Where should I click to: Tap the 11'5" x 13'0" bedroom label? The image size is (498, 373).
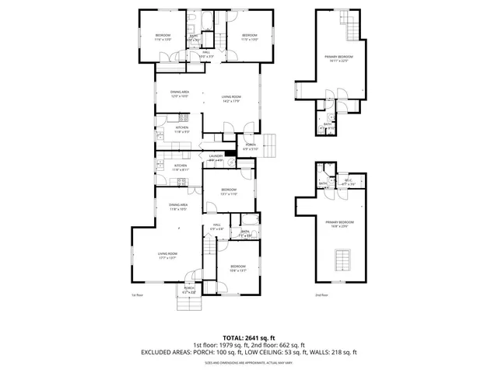pyautogui.click(x=249, y=37)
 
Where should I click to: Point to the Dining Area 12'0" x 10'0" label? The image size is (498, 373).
pyautogui.click(x=180, y=95)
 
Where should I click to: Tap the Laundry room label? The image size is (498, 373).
pyautogui.click(x=216, y=158)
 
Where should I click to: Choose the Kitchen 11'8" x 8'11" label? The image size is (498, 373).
pyautogui.click(x=180, y=167)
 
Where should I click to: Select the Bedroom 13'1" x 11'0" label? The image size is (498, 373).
pyautogui.click(x=228, y=192)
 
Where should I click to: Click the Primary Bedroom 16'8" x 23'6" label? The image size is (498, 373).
pyautogui.click(x=338, y=224)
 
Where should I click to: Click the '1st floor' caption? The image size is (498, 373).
pyautogui.click(x=137, y=295)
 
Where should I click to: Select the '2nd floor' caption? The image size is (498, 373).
pyautogui.click(x=321, y=295)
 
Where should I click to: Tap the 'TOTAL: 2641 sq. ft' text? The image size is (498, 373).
pyautogui.click(x=249, y=336)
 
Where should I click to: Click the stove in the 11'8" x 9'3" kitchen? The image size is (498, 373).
pyautogui.click(x=183, y=118)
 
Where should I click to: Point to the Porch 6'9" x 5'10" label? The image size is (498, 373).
pyautogui.click(x=251, y=146)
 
